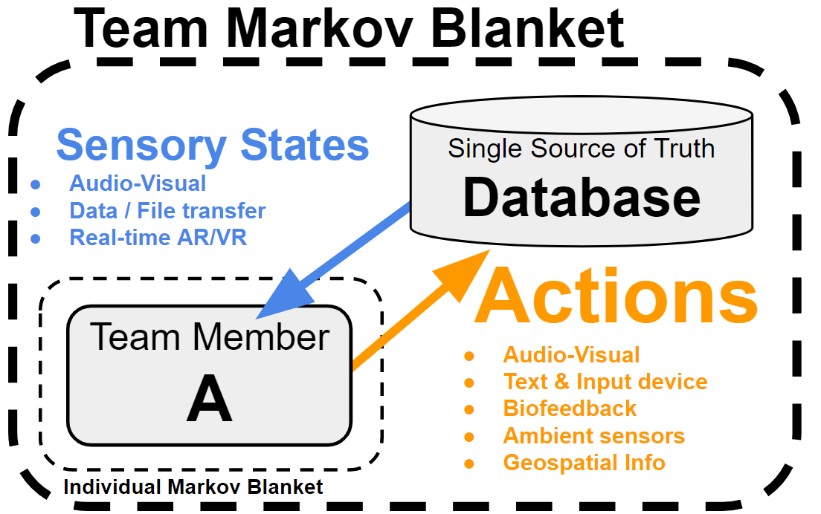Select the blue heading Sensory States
(213, 145)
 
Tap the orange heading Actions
(616, 296)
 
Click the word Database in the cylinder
(582, 198)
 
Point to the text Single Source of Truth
(582, 149)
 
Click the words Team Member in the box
(210, 337)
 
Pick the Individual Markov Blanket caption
(193, 487)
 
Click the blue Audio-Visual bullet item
(138, 183)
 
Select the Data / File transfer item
(167, 211)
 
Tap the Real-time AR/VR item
(158, 238)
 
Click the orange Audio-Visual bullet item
(571, 355)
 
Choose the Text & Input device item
(605, 382)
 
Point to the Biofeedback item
(570, 409)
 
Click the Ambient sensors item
(593, 436)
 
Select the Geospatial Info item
(584, 463)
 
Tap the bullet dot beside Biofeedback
(469, 410)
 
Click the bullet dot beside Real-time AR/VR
(36, 239)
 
